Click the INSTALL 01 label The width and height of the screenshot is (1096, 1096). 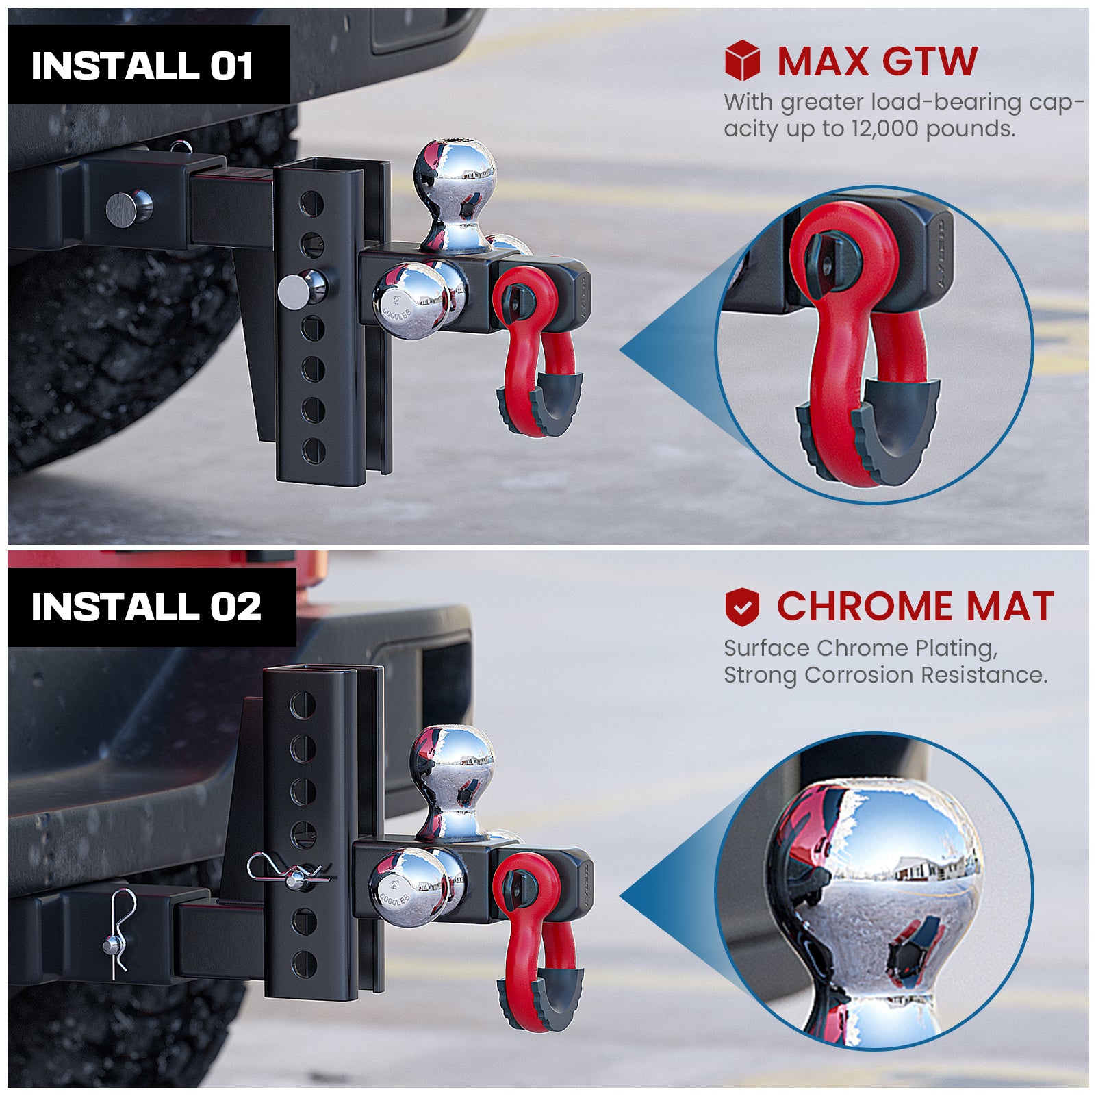pyautogui.click(x=142, y=66)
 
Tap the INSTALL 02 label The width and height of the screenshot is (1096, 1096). pyautogui.click(x=146, y=607)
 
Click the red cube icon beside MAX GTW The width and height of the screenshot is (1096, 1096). pyautogui.click(x=742, y=60)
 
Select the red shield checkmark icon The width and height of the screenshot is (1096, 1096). pyautogui.click(x=742, y=607)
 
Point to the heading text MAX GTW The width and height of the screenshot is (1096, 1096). pyautogui.click(x=877, y=62)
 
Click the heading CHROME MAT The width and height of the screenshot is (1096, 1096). pyautogui.click(x=915, y=607)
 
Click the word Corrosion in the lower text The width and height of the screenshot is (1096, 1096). pyautogui.click(x=859, y=675)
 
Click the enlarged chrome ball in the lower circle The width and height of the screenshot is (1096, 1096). pyautogui.click(x=876, y=883)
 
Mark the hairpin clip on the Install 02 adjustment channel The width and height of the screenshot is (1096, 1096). pyautogui.click(x=288, y=874)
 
